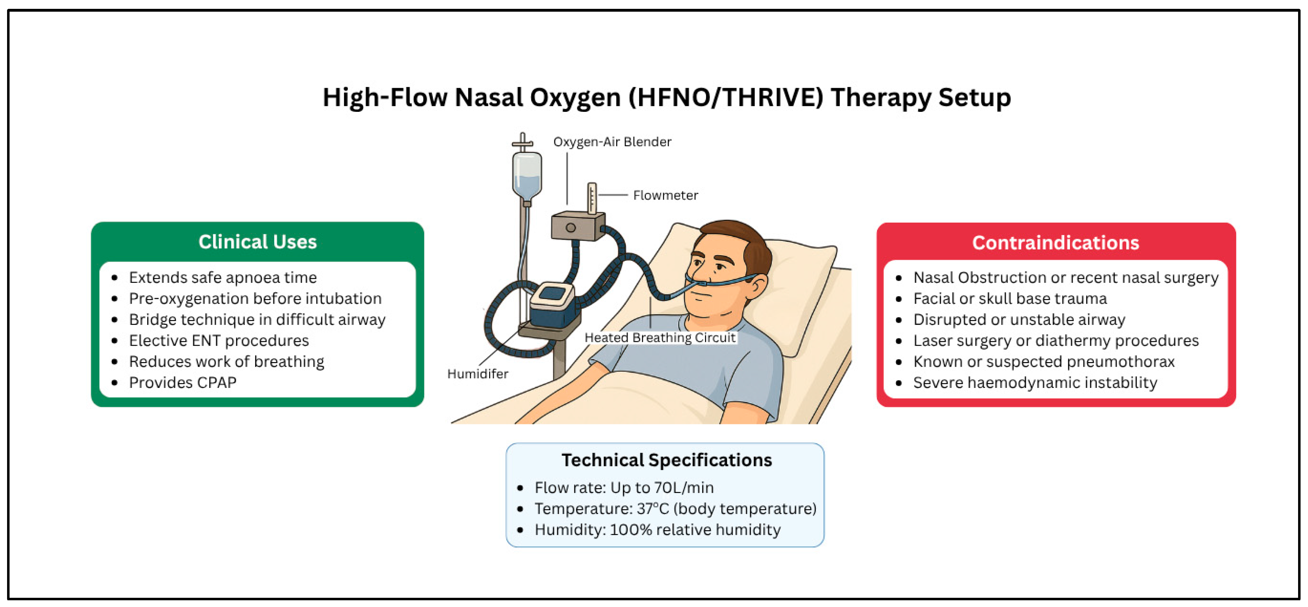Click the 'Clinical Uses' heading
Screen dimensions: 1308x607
[257, 242]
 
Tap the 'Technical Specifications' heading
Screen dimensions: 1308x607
[666, 460]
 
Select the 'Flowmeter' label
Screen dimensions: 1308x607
[665, 195]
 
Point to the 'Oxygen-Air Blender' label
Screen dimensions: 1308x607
[612, 142]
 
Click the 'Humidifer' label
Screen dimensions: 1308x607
[477, 374]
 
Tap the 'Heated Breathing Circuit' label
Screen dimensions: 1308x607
[660, 337]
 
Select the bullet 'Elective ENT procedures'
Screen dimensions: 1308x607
[219, 340]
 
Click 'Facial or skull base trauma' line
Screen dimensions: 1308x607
[1010, 298]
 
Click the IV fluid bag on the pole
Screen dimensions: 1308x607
[527, 175]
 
